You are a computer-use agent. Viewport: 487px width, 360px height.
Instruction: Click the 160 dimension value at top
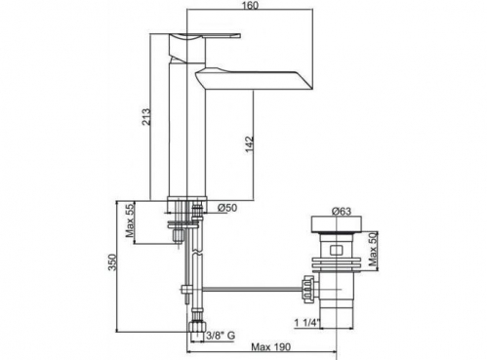[250, 5]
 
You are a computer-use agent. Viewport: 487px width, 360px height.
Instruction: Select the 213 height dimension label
[146, 117]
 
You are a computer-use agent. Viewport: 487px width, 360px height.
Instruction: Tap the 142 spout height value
[250, 144]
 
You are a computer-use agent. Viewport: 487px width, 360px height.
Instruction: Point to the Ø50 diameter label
[227, 208]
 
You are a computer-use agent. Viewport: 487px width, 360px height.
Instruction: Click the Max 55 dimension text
[130, 220]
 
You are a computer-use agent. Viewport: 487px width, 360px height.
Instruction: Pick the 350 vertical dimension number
[112, 262]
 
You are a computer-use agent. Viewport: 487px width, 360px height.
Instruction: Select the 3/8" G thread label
[221, 336]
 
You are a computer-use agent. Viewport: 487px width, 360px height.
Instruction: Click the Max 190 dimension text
[270, 347]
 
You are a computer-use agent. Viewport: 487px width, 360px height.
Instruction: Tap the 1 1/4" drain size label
[307, 323]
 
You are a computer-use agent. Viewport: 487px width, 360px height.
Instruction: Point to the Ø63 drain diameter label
[342, 211]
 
